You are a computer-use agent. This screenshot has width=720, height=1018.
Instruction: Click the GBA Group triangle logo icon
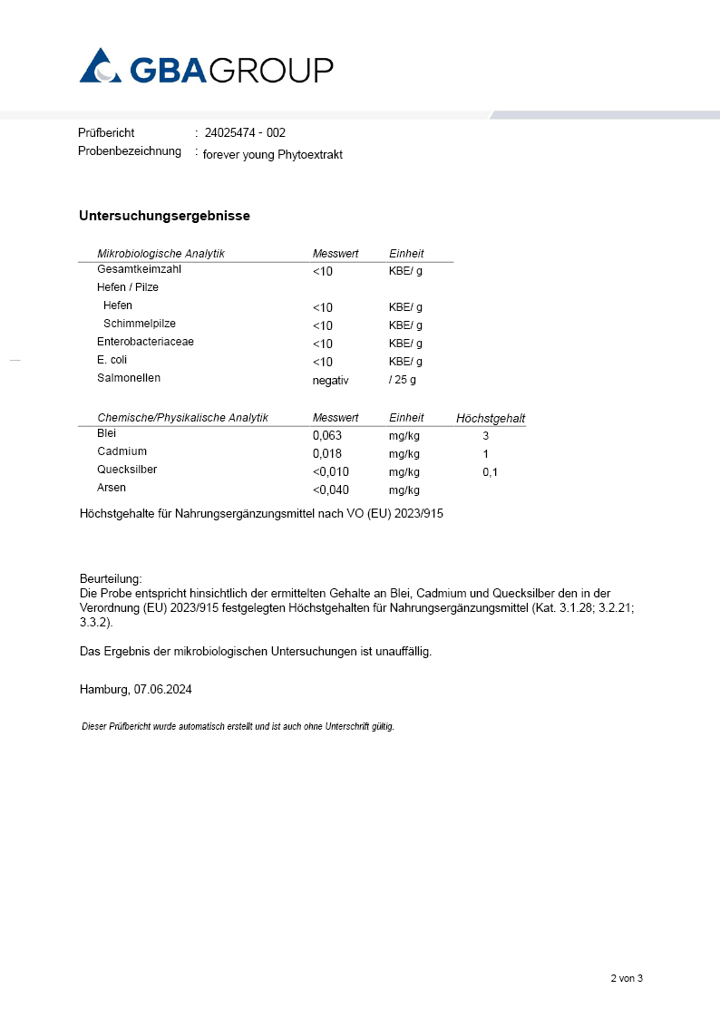[100, 66]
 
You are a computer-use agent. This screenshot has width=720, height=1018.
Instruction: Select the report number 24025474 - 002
[245, 133]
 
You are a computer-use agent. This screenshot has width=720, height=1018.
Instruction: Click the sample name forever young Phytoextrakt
[272, 155]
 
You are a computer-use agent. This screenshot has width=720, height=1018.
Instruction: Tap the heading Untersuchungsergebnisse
[164, 216]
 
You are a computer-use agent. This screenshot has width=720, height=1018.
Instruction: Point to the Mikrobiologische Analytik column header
[161, 254]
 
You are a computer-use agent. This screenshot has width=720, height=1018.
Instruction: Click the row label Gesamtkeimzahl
[139, 270]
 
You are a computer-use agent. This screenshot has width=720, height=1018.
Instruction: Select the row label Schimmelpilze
[140, 324]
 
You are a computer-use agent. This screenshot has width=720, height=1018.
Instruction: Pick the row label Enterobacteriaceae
[145, 342]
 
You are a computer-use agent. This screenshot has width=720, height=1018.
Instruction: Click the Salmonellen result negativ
[330, 380]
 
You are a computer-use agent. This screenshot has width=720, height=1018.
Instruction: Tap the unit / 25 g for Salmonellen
[403, 380]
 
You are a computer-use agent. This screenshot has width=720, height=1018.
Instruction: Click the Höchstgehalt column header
[491, 419]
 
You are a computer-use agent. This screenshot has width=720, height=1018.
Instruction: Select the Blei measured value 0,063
[327, 435]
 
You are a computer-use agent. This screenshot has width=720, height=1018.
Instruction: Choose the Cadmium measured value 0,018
[327, 453]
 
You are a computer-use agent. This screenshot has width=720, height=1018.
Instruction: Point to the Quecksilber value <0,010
[330, 472]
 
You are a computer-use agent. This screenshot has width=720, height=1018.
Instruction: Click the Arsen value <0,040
[330, 490]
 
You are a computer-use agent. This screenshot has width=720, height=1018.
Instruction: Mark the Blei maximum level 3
[486, 436]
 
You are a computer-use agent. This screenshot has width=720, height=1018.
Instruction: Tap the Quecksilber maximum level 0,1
[490, 472]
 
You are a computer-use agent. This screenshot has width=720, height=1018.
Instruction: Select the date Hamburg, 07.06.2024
[136, 689]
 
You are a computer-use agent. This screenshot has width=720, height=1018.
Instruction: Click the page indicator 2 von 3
[626, 978]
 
